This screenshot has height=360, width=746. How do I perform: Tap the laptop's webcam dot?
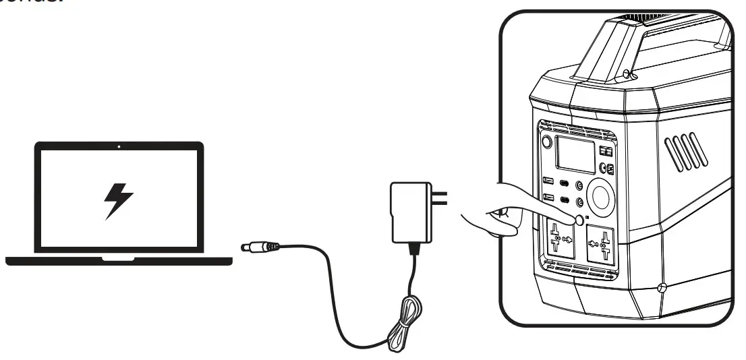[119, 146]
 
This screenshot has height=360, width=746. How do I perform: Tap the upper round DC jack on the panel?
[579, 186]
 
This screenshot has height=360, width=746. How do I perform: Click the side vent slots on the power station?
[686, 151]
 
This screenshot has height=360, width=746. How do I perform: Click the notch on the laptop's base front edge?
[119, 258]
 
